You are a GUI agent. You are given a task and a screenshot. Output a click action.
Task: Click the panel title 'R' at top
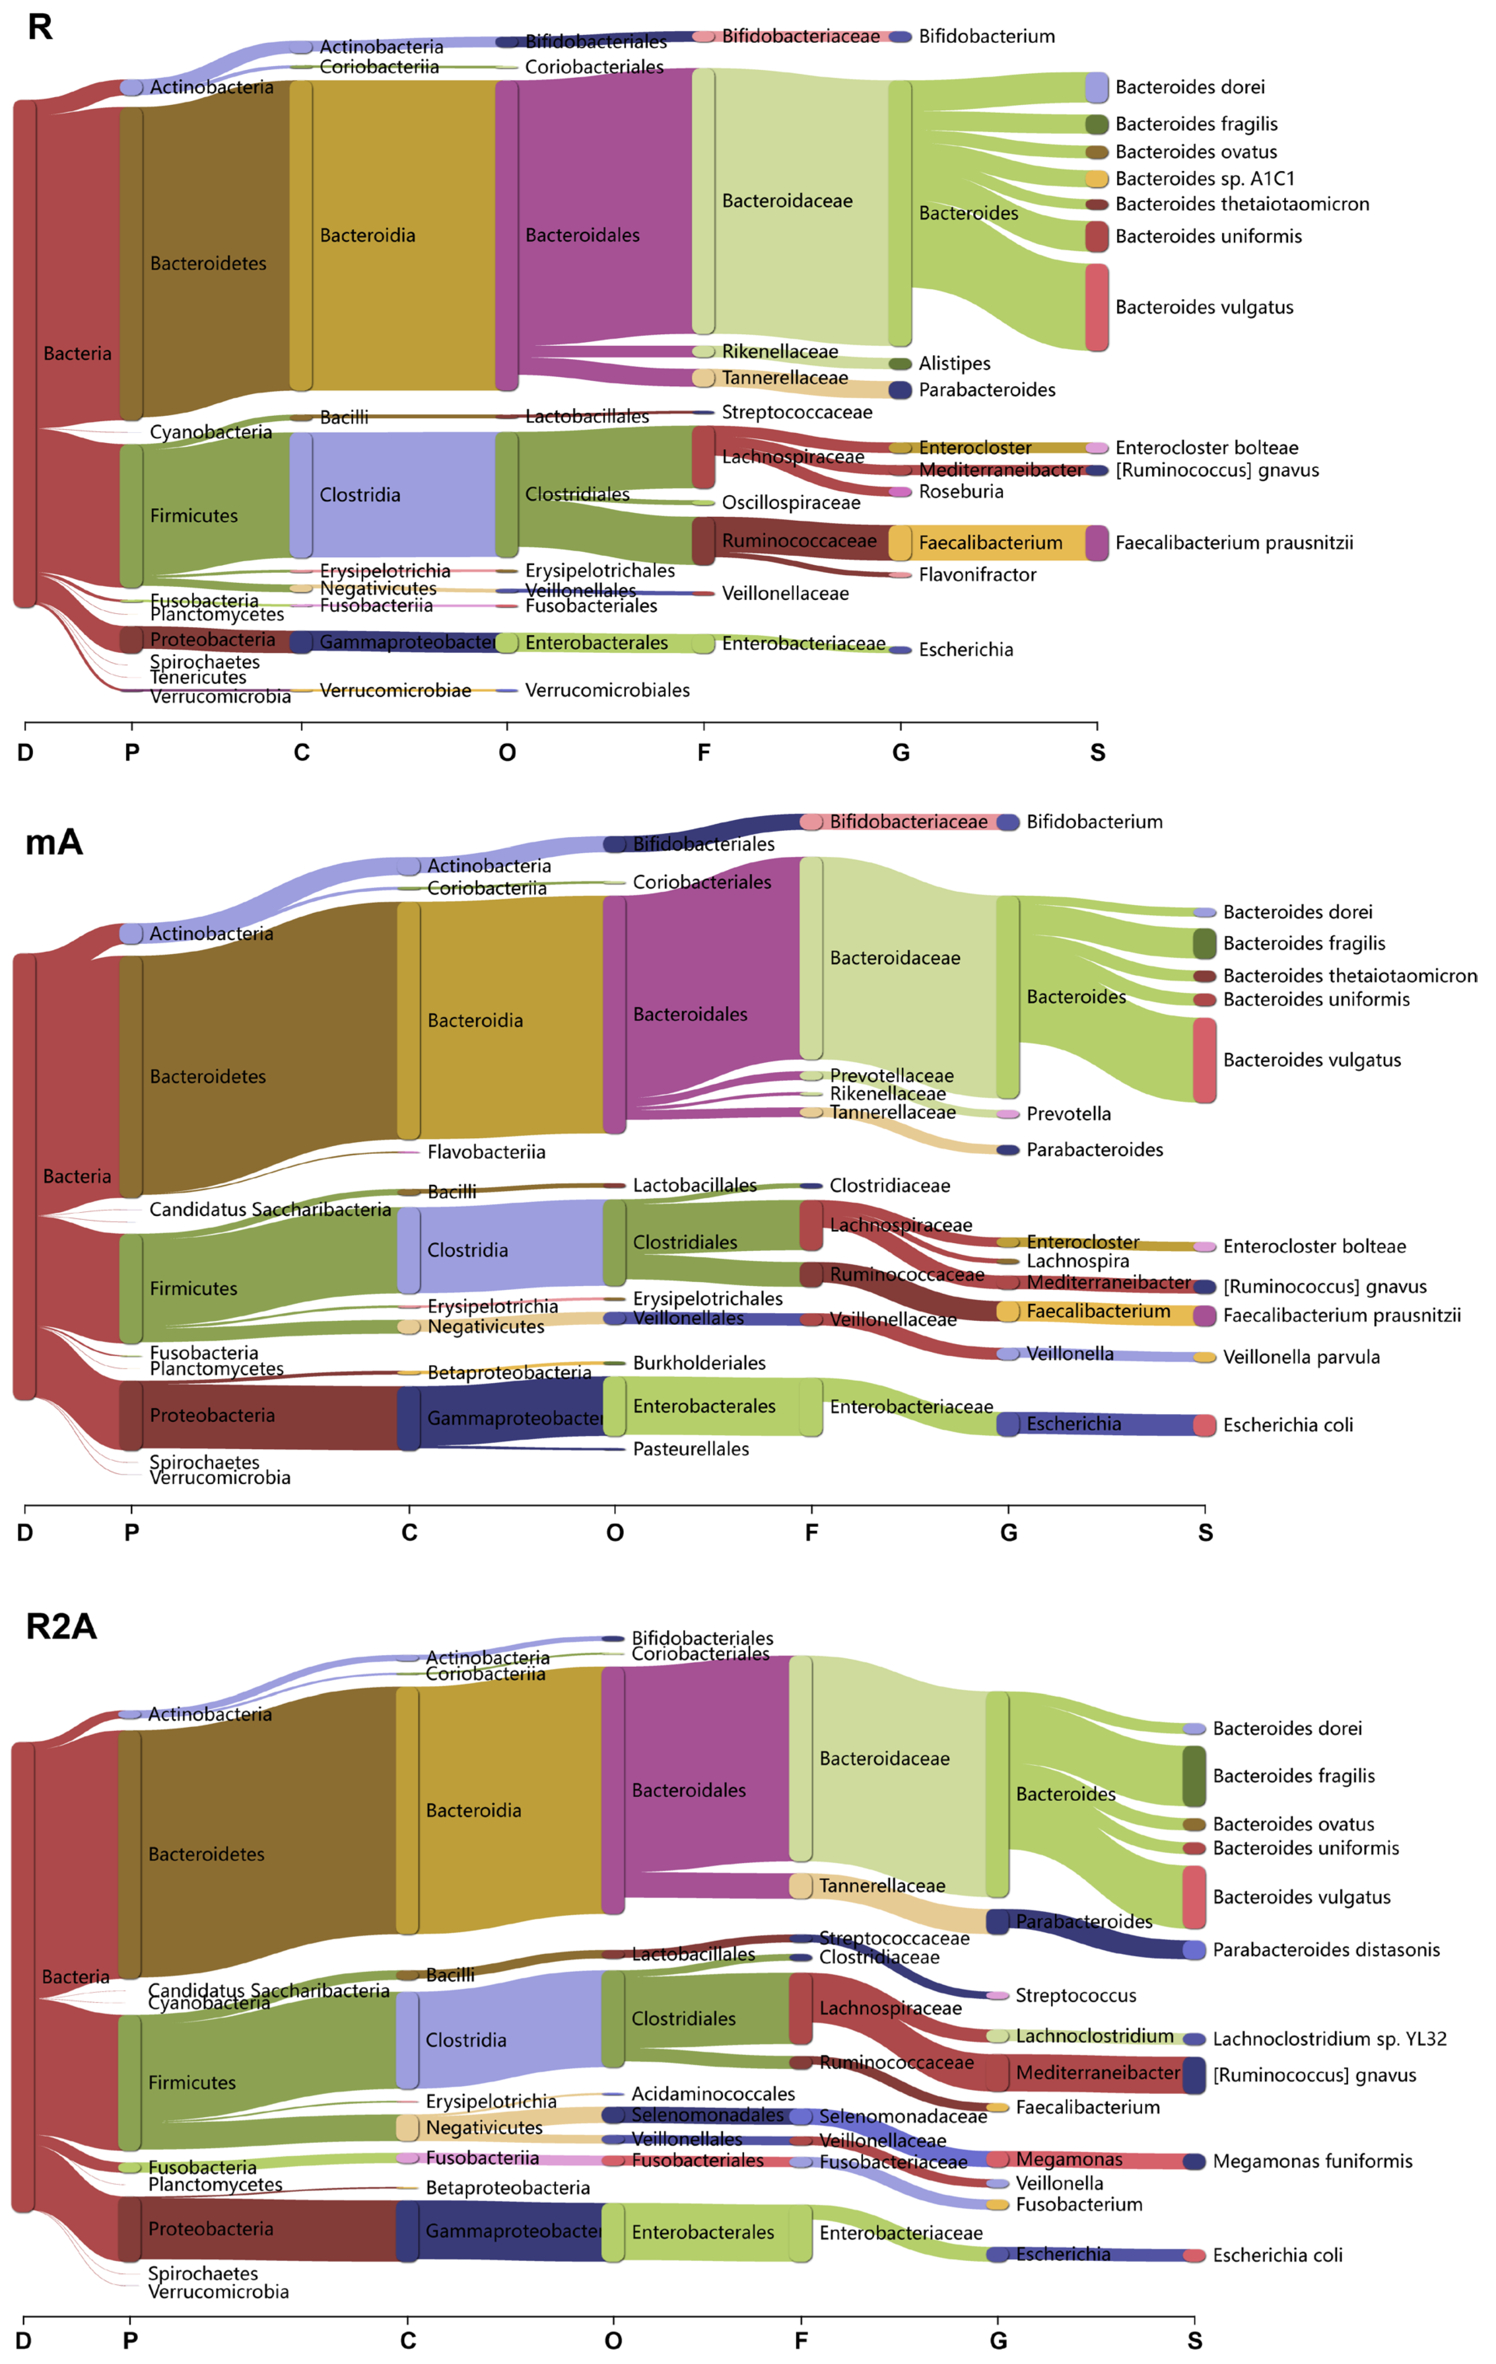pyautogui.click(x=39, y=28)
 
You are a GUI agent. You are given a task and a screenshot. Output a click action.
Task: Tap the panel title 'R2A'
pyautogui.click(x=61, y=1627)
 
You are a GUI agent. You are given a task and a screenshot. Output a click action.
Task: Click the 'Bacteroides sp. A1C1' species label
pyautogui.click(x=1204, y=179)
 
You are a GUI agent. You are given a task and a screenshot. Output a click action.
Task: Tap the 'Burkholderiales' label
pyautogui.click(x=699, y=1363)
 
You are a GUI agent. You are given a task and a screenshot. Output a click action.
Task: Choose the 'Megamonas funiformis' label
pyautogui.click(x=1312, y=2161)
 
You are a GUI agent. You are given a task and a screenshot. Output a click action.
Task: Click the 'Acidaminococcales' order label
pyautogui.click(x=713, y=2094)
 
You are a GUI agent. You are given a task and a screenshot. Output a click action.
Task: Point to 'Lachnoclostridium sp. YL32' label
pyautogui.click(x=1329, y=2039)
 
